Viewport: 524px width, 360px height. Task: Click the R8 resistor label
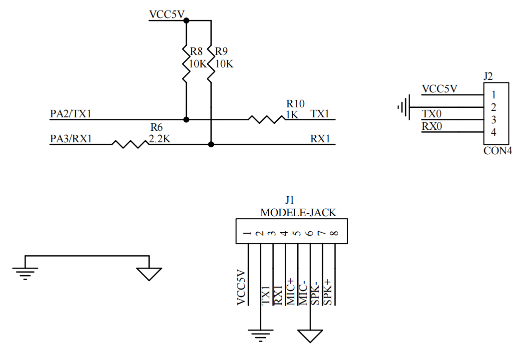pyautogui.click(x=196, y=51)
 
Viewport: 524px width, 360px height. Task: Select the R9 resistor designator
pyautogui.click(x=221, y=51)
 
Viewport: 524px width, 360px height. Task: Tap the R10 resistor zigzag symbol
pyautogui.click(x=267, y=119)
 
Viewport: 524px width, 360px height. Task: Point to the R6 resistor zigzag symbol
pyautogui.click(x=130, y=144)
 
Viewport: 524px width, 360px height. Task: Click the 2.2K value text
pyautogui.click(x=159, y=139)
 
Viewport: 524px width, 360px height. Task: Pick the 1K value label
pyautogui.click(x=292, y=115)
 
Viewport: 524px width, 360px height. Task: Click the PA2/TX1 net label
pyautogui.click(x=71, y=113)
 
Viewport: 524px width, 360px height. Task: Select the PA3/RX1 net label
pyautogui.click(x=71, y=139)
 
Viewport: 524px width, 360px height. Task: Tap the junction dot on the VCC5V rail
pyautogui.click(x=186, y=20)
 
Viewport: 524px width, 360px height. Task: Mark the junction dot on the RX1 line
pyautogui.click(x=211, y=144)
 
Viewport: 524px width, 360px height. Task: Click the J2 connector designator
pyautogui.click(x=488, y=76)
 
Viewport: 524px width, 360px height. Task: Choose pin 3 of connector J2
pyautogui.click(x=493, y=119)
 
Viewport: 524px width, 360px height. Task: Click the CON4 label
pyautogui.click(x=498, y=151)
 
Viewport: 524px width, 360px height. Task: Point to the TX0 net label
pyautogui.click(x=432, y=114)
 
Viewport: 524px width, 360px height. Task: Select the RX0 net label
pyautogui.click(x=432, y=126)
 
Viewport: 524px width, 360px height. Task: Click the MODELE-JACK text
pyautogui.click(x=298, y=212)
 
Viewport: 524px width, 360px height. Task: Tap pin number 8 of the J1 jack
pyautogui.click(x=335, y=233)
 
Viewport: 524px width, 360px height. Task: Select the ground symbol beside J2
pyautogui.click(x=404, y=107)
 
